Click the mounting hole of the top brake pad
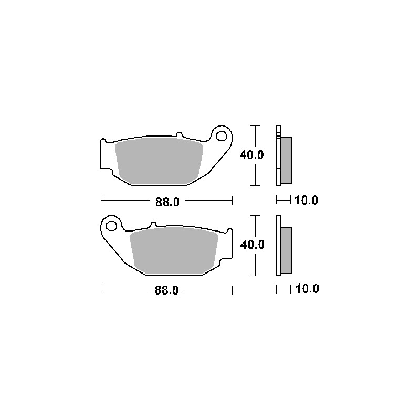[x=222, y=136]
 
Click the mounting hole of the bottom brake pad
[x=111, y=226]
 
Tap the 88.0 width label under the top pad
[x=167, y=202]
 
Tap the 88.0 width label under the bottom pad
[x=166, y=290]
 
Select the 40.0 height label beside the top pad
[x=251, y=155]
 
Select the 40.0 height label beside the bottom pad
[x=253, y=245]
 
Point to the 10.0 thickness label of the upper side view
[x=306, y=200]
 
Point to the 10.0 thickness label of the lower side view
[x=307, y=289]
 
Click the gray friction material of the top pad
[x=159, y=161]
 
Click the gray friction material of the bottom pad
[x=174, y=250]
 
